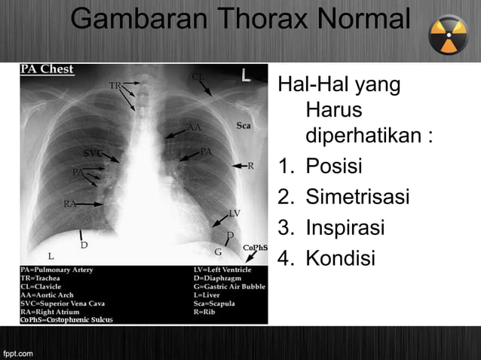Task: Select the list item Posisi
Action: pos(333,166)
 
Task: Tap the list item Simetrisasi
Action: pos(357,197)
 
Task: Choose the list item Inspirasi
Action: pos(345,228)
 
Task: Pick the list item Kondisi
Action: pos(339,259)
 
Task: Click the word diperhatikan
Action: pos(369,137)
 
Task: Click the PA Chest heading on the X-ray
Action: pos(47,69)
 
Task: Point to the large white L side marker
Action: pos(246,76)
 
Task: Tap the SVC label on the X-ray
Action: pos(93,153)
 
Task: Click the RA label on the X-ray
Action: pos(70,203)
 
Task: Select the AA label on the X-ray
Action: pos(195,127)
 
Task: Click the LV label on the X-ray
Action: pos(234,213)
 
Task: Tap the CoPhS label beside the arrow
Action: pos(255,247)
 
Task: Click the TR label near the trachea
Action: pos(115,85)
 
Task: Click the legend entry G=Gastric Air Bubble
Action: pos(228,287)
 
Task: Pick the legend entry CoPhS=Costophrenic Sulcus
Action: pos(66,320)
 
